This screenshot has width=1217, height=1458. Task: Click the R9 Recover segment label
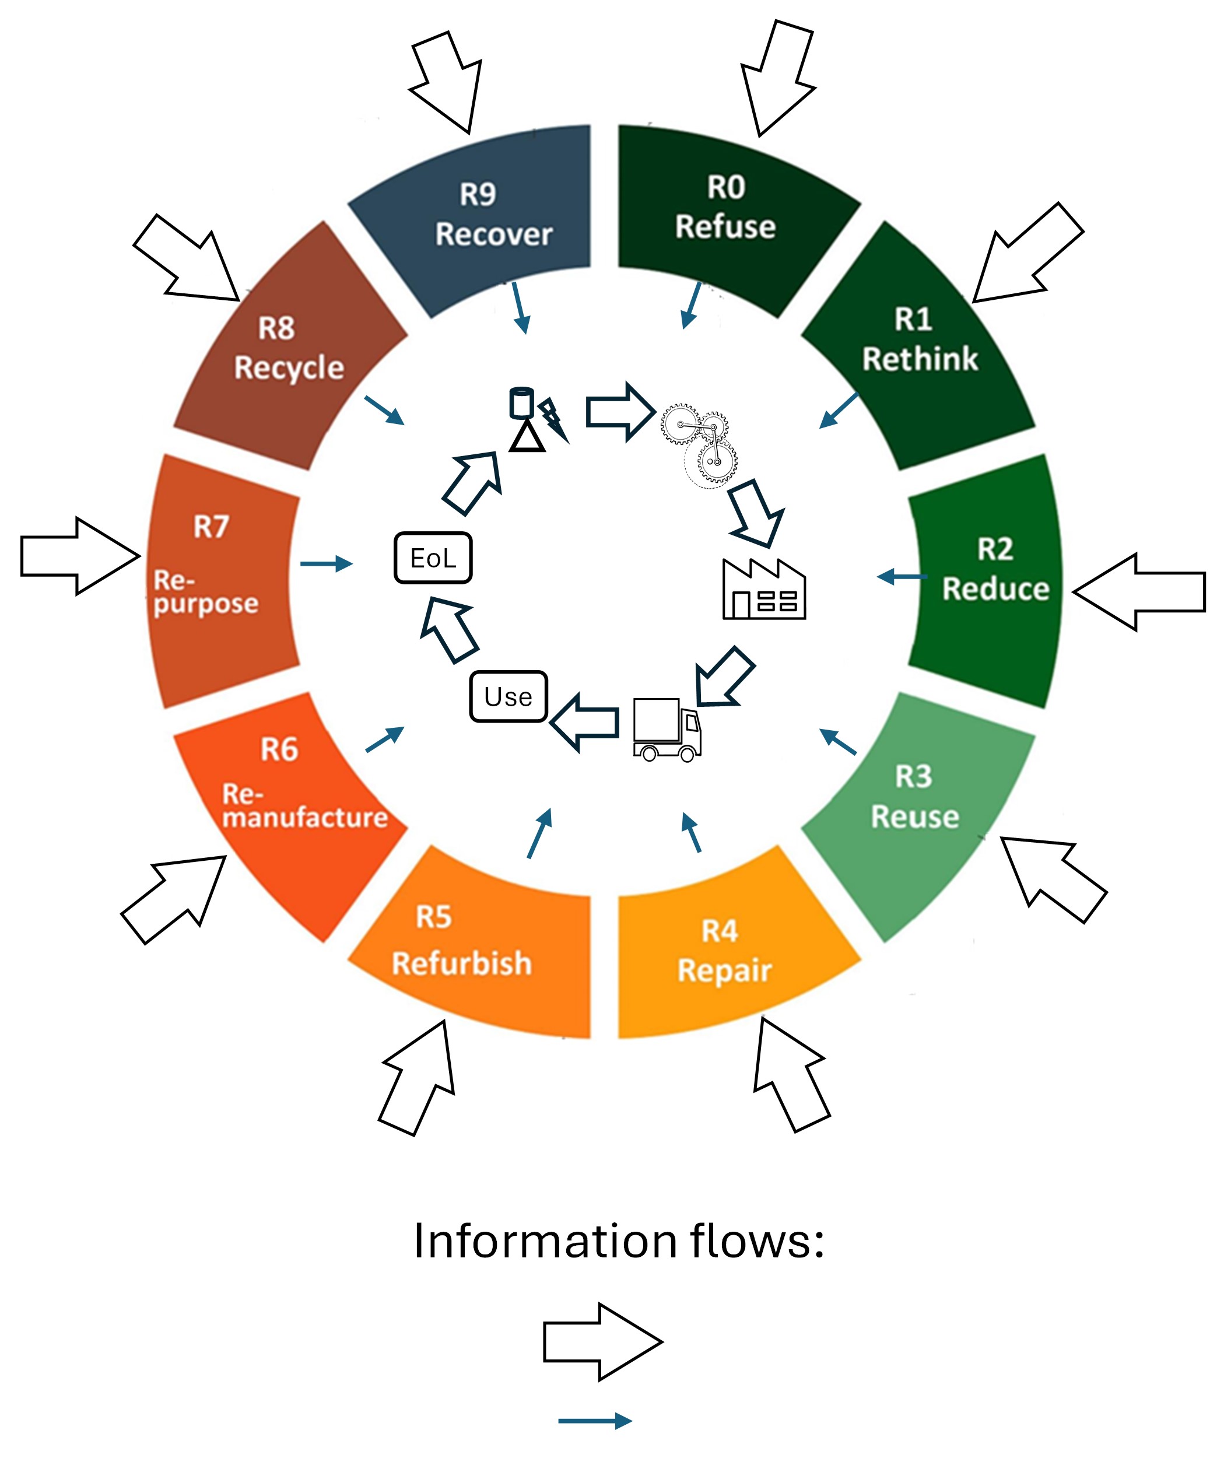click(x=493, y=215)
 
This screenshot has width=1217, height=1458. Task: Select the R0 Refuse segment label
click(x=725, y=207)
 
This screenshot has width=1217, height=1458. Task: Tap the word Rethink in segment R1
click(x=919, y=359)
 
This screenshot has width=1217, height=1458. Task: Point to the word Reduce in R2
click(x=995, y=589)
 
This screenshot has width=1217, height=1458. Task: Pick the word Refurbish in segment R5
click(x=461, y=963)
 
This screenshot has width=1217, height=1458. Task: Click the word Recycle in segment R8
click(x=289, y=368)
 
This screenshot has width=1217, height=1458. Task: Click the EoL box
click(x=433, y=558)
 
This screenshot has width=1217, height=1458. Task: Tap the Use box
click(x=508, y=696)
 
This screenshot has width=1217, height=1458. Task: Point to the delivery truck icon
click(x=667, y=730)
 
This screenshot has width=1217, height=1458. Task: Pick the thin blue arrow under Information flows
click(x=594, y=1421)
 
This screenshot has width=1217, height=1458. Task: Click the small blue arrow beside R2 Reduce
click(x=901, y=576)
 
